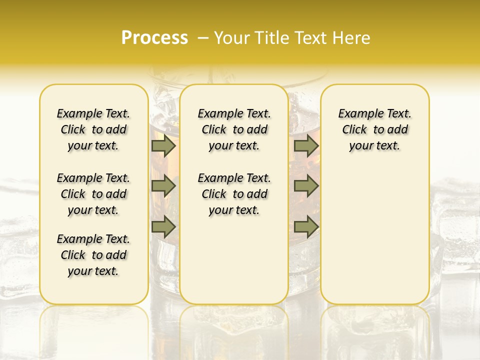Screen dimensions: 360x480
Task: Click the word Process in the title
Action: tap(154, 38)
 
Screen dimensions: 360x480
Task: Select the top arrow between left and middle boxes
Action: tap(163, 145)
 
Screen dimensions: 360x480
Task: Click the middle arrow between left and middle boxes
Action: tap(163, 186)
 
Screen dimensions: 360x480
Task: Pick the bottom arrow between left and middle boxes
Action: tap(163, 227)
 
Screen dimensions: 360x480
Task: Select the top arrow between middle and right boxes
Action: tap(306, 145)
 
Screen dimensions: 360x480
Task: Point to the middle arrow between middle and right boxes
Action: tap(306, 186)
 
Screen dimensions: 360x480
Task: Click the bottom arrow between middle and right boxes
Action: tap(306, 227)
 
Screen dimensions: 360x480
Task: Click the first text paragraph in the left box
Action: tap(93, 129)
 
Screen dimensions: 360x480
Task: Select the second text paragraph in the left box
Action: tap(93, 194)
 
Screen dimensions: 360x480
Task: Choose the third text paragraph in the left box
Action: tap(93, 255)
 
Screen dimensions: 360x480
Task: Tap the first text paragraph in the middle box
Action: tap(234, 129)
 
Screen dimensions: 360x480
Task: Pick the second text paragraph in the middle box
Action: tap(234, 194)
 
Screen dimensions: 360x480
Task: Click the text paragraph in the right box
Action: tap(375, 129)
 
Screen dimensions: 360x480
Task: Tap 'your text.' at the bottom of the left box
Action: tap(93, 271)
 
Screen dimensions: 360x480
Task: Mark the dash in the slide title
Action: tap(203, 38)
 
